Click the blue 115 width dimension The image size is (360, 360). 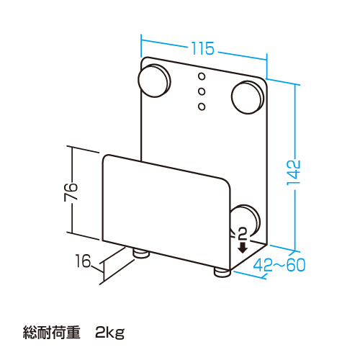point(202,48)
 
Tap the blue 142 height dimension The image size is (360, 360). point(294,172)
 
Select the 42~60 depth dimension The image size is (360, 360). point(279,265)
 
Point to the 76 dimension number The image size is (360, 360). point(71,192)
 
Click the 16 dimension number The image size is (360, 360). point(83,261)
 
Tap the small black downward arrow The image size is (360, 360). point(243,248)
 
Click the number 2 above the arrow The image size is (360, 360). point(243,234)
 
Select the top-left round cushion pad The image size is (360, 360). point(154,81)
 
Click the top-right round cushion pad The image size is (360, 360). point(248,97)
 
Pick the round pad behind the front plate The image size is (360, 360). point(247,218)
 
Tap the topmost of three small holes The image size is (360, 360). point(202,76)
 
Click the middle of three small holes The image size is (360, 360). point(202,91)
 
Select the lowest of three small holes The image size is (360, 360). point(202,107)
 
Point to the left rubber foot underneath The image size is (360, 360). point(141,253)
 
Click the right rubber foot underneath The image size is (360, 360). point(222,272)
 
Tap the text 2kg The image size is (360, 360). point(110,333)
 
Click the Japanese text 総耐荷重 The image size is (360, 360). point(51,333)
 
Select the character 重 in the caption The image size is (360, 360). point(73,333)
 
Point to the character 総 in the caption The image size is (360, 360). point(30,333)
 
